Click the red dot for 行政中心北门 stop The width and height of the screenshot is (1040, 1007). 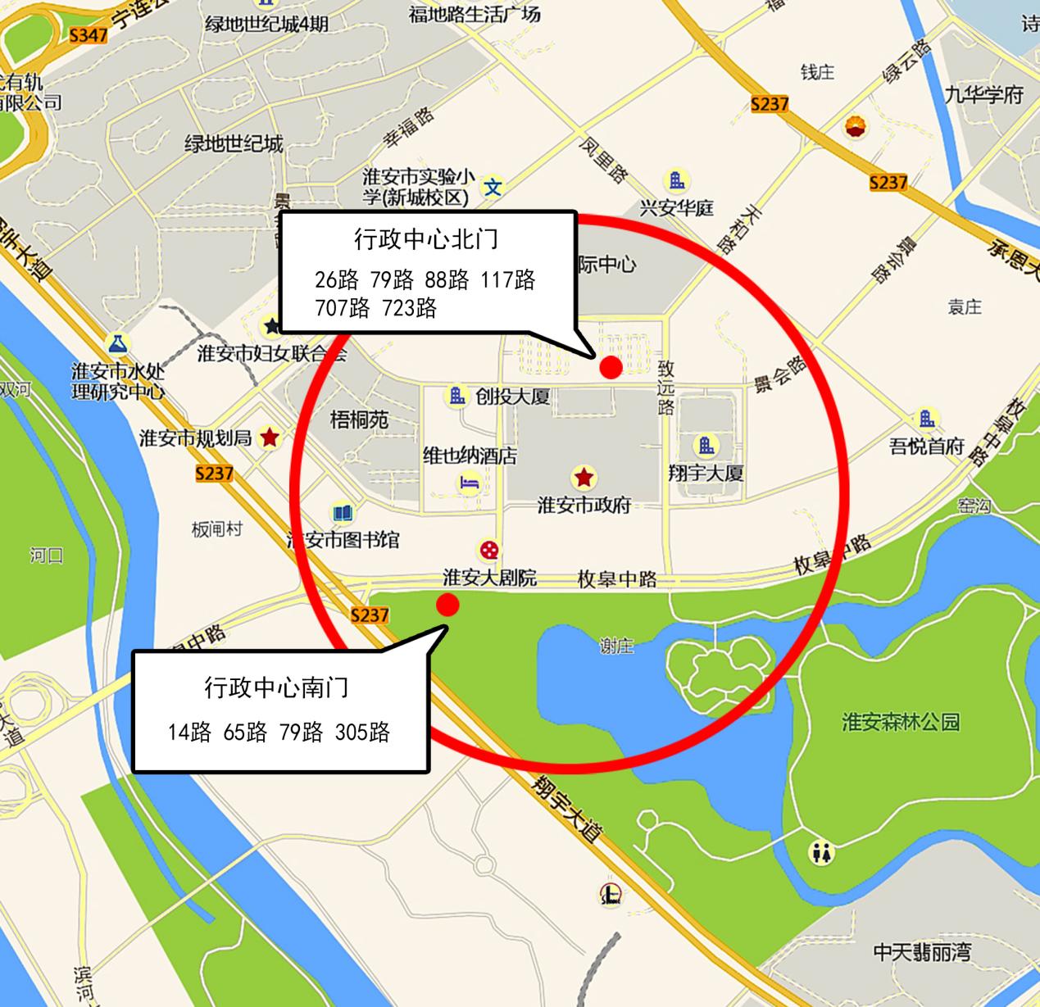click(611, 368)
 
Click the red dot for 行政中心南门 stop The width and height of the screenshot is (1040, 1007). click(447, 605)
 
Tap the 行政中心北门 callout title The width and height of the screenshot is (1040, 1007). click(426, 239)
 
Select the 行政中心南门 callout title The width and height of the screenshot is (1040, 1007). click(277, 687)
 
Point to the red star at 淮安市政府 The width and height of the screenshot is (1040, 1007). click(584, 476)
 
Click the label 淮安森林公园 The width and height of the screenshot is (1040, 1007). click(900, 722)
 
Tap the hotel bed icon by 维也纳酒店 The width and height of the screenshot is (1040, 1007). click(469, 483)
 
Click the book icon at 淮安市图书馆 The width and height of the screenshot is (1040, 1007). click(343, 514)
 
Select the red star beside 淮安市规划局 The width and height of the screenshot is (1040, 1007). click(269, 438)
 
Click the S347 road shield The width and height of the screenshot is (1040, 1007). click(89, 35)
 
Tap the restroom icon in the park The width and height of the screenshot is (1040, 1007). click(821, 853)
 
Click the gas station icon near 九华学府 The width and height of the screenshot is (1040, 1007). click(856, 127)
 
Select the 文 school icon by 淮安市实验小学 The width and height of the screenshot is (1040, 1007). click(493, 187)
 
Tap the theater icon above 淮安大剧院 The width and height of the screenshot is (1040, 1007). click(488, 550)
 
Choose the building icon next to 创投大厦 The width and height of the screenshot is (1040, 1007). click(456, 397)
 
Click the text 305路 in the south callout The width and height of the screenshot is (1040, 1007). click(362, 732)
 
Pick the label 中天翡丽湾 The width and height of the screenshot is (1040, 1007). click(922, 952)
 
